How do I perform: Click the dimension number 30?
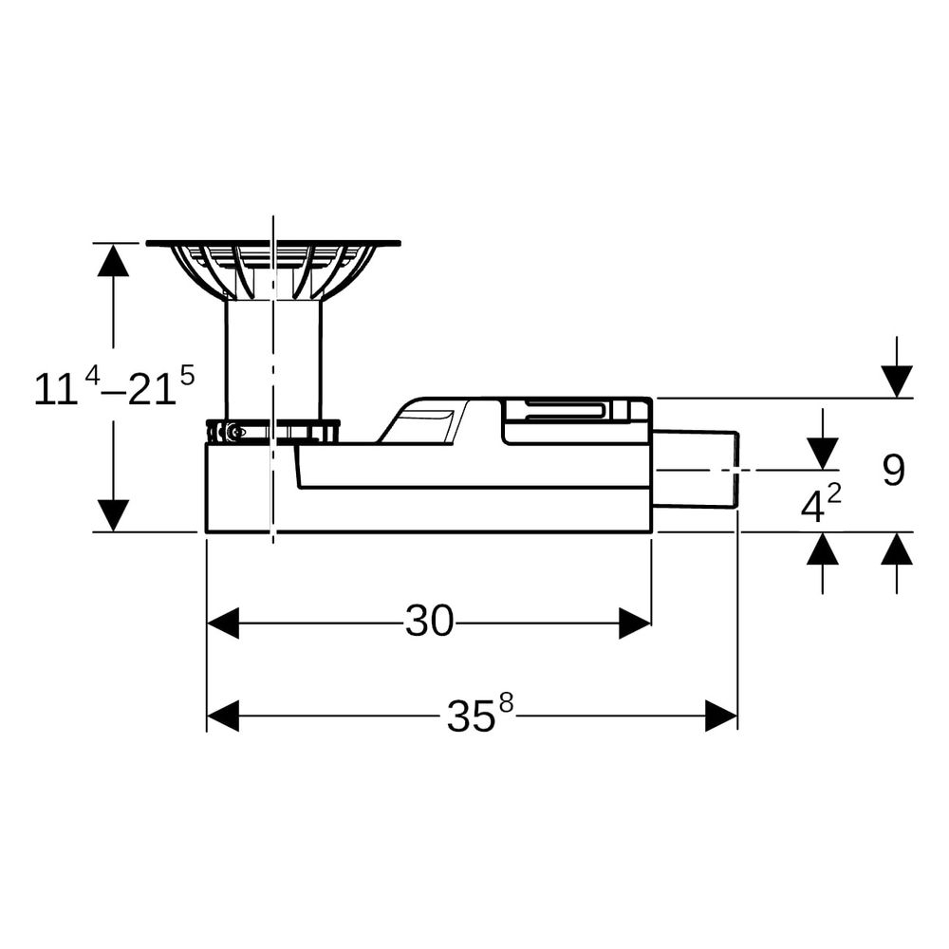(x=429, y=621)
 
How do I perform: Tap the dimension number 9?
(x=893, y=470)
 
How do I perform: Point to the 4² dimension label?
(x=821, y=504)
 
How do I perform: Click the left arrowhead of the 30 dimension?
(x=223, y=623)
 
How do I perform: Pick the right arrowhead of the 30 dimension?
(x=635, y=623)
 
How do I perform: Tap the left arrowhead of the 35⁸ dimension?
(x=223, y=716)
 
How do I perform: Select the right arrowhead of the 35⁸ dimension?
(x=721, y=716)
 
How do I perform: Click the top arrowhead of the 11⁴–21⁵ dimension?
(x=113, y=260)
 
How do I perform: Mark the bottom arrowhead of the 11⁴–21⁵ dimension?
(x=113, y=515)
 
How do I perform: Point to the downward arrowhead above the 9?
(x=897, y=381)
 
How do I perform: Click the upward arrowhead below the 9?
(x=897, y=549)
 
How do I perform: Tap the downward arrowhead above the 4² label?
(x=823, y=454)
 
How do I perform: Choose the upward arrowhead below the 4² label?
(x=823, y=549)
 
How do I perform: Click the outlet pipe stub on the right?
(x=696, y=470)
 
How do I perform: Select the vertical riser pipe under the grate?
(x=273, y=360)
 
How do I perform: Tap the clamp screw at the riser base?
(x=236, y=432)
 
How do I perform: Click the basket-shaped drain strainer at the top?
(x=273, y=270)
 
